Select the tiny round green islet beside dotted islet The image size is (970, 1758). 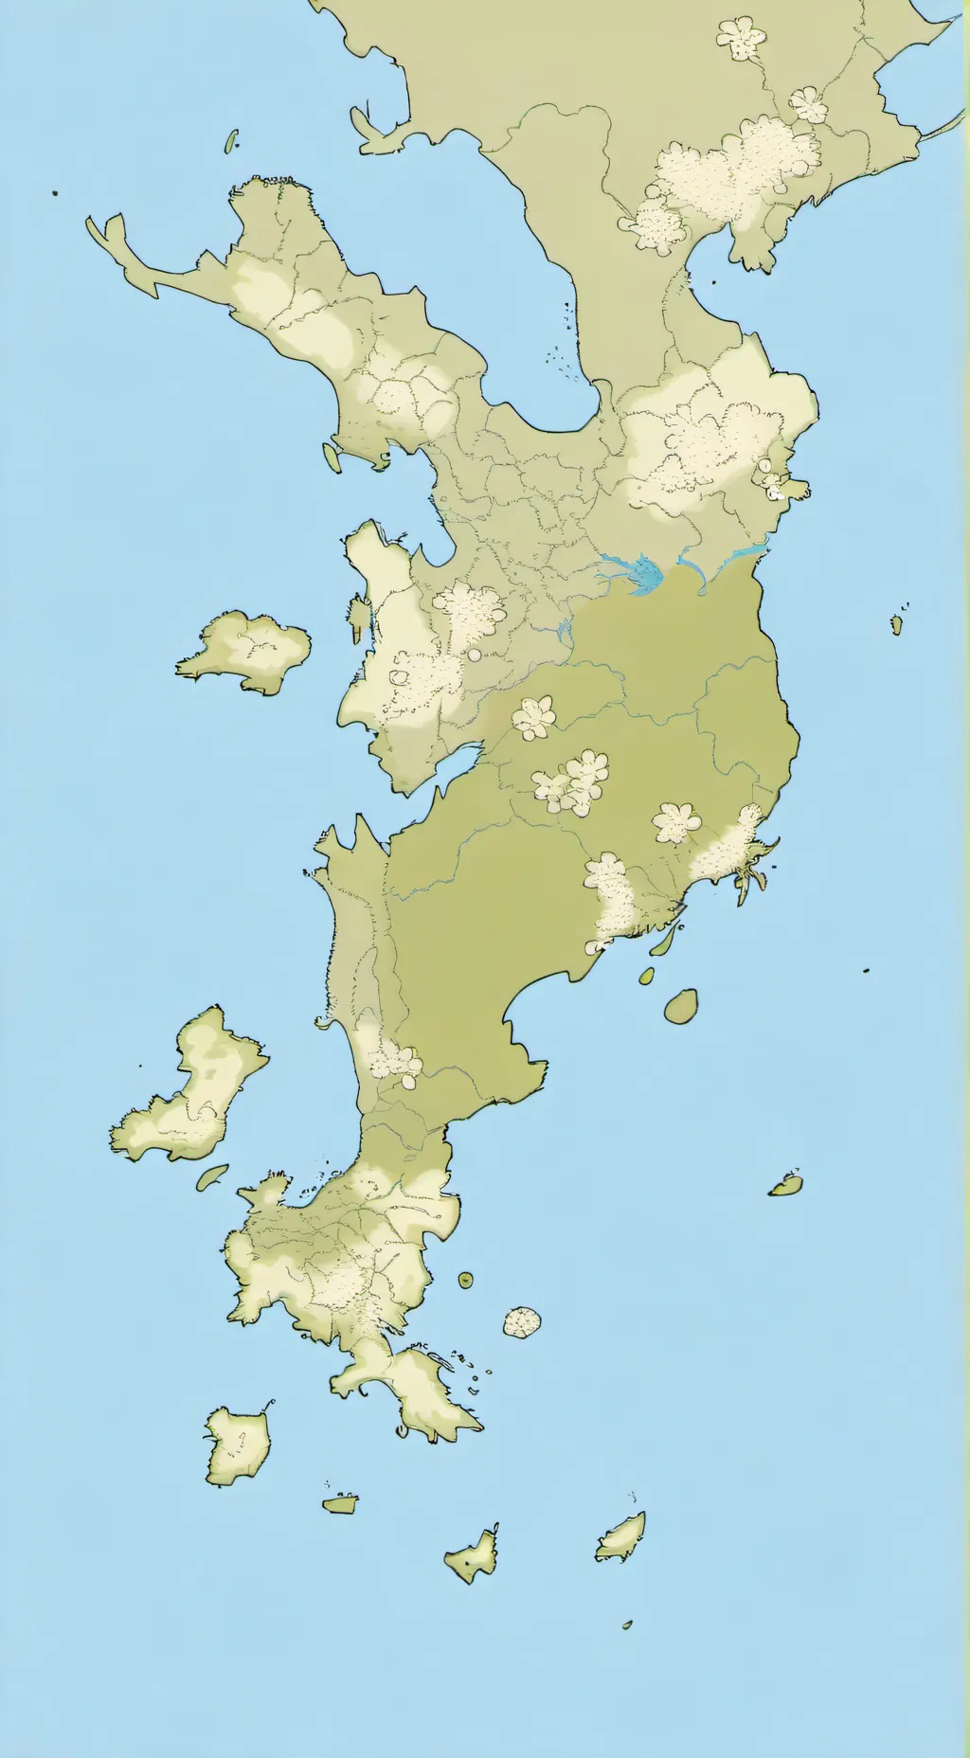coord(466,1280)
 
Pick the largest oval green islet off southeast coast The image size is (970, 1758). coord(680,1006)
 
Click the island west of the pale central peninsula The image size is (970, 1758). coord(247,650)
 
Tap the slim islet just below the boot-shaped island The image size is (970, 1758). coord(212,1176)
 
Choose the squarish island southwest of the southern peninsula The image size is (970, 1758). coord(238,1444)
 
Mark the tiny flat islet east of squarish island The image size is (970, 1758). coord(339,1503)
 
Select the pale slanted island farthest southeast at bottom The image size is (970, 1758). coord(621,1536)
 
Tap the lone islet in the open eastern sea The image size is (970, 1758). coord(786,1184)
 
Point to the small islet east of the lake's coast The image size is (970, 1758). coord(896,623)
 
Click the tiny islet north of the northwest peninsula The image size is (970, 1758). coord(230,141)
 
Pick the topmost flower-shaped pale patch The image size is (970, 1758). coord(741,37)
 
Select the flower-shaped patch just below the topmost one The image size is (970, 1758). coord(808,103)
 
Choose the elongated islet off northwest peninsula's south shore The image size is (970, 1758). coord(332,457)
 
